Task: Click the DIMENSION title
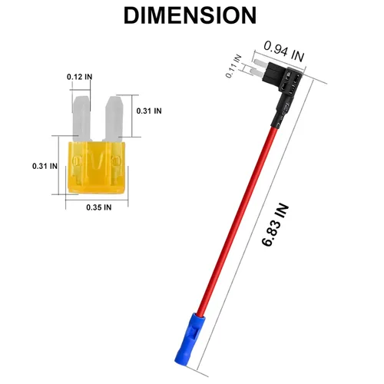[x=190, y=15]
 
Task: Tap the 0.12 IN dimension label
[x=79, y=77]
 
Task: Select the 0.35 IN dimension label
[x=99, y=207]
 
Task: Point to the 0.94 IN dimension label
[x=284, y=51]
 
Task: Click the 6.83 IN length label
[x=276, y=225]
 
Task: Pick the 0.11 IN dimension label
[x=233, y=66]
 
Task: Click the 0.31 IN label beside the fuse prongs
[x=149, y=111]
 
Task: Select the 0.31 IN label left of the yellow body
[x=45, y=166]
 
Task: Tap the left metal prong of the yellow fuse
[x=81, y=118]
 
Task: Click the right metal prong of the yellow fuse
[x=114, y=118]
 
